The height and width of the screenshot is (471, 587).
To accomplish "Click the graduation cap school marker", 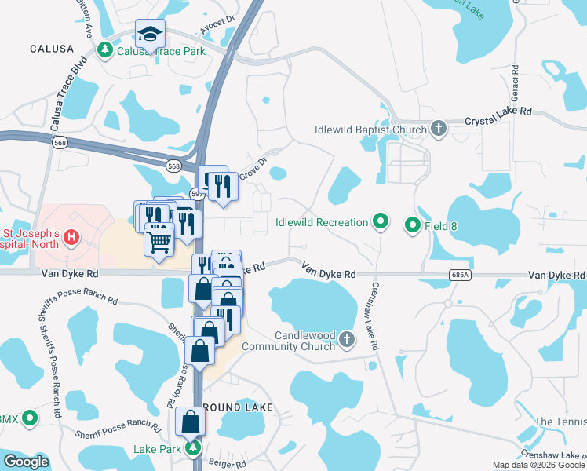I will [x=150, y=34].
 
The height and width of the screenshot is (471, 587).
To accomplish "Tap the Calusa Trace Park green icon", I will [x=104, y=51].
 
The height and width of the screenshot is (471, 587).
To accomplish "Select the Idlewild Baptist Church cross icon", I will [x=438, y=129].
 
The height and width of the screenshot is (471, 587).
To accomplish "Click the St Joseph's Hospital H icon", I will [x=71, y=236].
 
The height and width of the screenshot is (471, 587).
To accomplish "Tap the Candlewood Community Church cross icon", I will [x=348, y=339].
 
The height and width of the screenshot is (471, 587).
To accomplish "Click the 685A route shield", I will [x=461, y=275].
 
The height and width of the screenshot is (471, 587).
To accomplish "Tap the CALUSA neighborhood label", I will [x=52, y=49].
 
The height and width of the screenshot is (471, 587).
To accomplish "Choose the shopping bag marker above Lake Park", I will [x=191, y=422].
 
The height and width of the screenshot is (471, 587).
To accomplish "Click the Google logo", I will [x=26, y=462].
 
